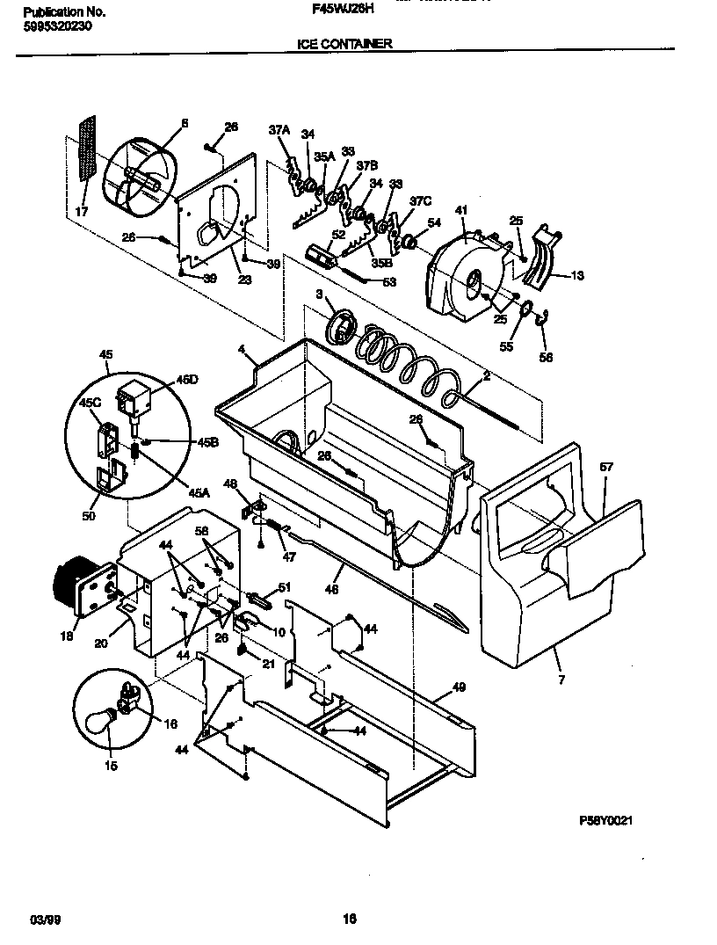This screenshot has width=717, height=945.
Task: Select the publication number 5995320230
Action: (54, 25)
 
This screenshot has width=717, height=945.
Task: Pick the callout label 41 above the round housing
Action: (460, 211)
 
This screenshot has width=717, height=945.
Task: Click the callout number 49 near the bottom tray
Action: (459, 687)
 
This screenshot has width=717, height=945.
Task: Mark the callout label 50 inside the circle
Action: (89, 516)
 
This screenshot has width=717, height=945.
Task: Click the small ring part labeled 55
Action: (525, 307)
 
